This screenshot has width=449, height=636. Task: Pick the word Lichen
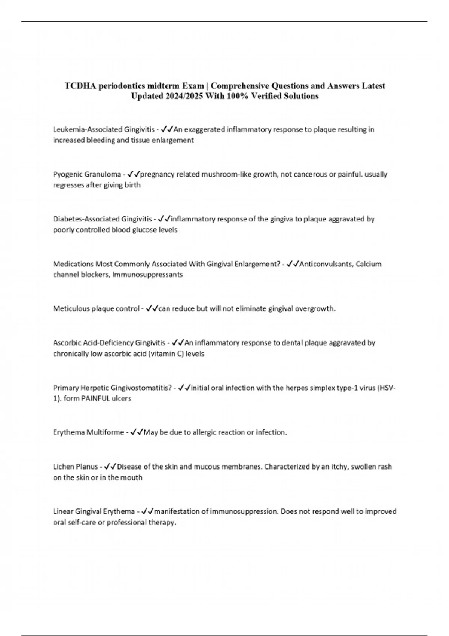tap(64, 467)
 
